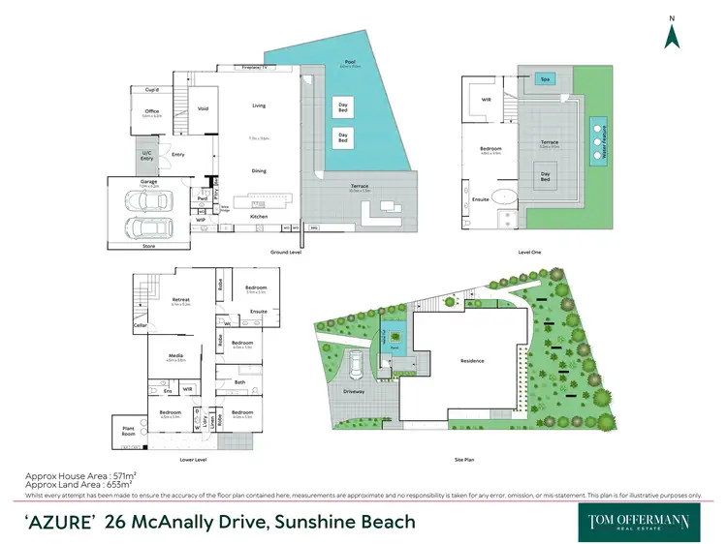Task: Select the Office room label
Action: tap(151, 112)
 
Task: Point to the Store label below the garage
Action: tap(148, 246)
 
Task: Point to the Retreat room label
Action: tap(179, 300)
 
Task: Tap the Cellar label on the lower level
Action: tap(140, 326)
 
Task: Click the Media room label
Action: tap(175, 356)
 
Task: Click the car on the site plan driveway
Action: tap(358, 365)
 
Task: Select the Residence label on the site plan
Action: tap(472, 361)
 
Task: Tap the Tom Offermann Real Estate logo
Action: tap(640, 521)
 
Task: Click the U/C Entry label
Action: tap(146, 155)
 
